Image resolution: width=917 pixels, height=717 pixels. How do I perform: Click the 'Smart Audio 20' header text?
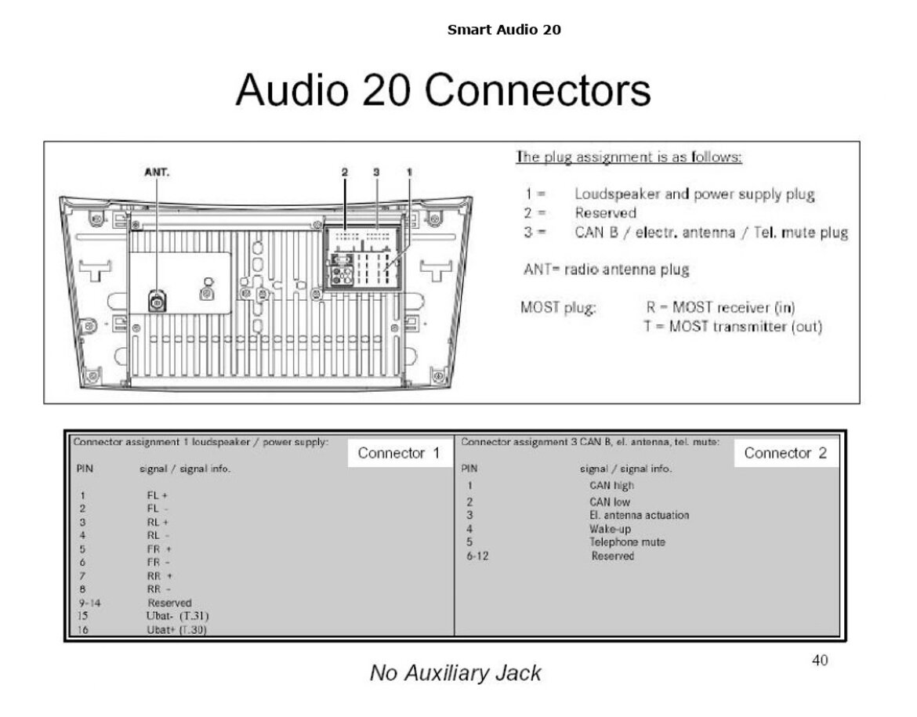click(x=503, y=30)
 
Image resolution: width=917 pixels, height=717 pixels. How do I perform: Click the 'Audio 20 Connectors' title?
click(x=444, y=90)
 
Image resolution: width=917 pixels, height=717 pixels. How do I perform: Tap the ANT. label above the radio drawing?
click(x=157, y=172)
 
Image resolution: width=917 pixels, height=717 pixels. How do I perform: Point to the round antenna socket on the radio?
click(x=158, y=302)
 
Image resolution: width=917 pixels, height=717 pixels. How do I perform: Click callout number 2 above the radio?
click(x=344, y=172)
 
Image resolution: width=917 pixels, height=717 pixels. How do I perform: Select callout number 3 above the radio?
click(x=376, y=172)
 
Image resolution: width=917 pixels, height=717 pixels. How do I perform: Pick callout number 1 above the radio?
click(x=409, y=172)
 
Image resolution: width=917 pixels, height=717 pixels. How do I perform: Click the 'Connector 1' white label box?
click(x=400, y=453)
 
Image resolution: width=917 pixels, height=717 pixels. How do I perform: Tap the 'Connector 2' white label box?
click(x=786, y=453)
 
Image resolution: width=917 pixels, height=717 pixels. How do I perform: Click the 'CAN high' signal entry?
click(x=611, y=485)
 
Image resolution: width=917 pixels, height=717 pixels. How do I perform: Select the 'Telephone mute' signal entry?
click(x=628, y=542)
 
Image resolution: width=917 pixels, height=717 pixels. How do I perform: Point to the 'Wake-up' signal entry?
click(x=610, y=529)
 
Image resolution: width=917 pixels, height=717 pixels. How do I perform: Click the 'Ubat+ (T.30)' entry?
click(x=176, y=629)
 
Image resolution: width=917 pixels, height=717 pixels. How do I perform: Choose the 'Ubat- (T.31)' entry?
click(x=177, y=616)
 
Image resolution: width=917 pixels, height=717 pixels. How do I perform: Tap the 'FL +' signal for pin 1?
click(x=158, y=495)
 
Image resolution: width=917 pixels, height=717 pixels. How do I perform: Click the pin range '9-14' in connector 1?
click(x=90, y=603)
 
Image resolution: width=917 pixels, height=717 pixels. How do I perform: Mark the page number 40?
click(x=820, y=661)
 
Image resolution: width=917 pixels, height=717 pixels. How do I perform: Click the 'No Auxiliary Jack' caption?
click(x=455, y=673)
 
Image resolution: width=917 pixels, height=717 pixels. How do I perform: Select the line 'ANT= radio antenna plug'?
click(x=607, y=270)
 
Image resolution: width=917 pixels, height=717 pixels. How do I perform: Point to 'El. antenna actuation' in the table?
click(x=640, y=516)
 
